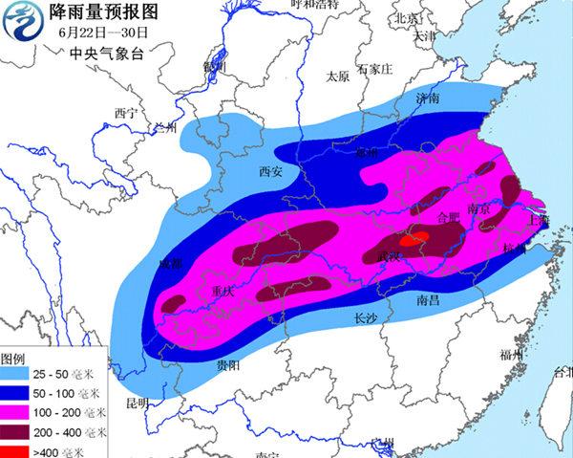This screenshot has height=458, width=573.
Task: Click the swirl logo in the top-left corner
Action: tap(23, 25)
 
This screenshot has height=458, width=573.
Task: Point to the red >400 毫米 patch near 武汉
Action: tap(412, 240)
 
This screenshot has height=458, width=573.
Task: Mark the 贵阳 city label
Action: tap(227, 366)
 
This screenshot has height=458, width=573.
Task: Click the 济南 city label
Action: tap(428, 98)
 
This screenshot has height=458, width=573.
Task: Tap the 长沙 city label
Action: tap(368, 318)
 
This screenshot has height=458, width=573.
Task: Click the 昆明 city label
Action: tap(139, 403)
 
